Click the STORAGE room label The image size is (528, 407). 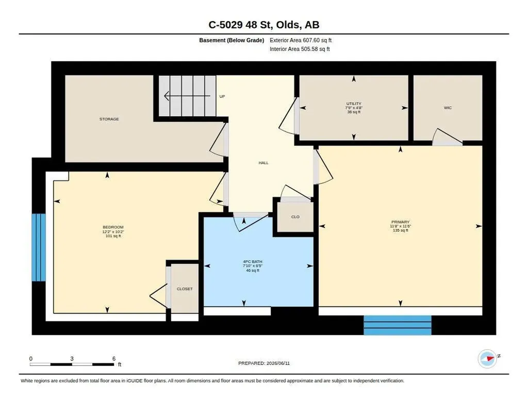pyautogui.click(x=109, y=119)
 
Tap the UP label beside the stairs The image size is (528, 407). pyautogui.click(x=222, y=96)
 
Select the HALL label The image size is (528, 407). pyautogui.click(x=263, y=163)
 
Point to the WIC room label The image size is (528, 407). pyautogui.click(x=448, y=108)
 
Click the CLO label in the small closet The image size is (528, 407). pyautogui.click(x=295, y=217)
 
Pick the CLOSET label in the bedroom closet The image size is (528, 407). pyautogui.click(x=185, y=289)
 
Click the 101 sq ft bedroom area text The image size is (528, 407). pyautogui.click(x=113, y=236)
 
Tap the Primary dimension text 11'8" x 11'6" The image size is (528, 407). pyautogui.click(x=400, y=226)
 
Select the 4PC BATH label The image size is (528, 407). pyautogui.click(x=253, y=262)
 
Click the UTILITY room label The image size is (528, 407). pyautogui.click(x=354, y=104)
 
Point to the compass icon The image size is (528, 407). pyautogui.click(x=488, y=359)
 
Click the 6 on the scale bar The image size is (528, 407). pyautogui.click(x=114, y=359)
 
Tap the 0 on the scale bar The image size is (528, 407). pyautogui.click(x=31, y=359)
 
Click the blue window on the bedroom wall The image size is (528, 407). pyautogui.click(x=39, y=248)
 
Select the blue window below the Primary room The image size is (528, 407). pyautogui.click(x=398, y=325)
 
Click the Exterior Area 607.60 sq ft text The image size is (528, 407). pyautogui.click(x=301, y=40)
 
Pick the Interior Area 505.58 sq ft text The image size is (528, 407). pyautogui.click(x=300, y=49)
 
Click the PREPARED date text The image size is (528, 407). pyautogui.click(x=264, y=363)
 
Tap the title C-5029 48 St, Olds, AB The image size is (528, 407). pyautogui.click(x=264, y=25)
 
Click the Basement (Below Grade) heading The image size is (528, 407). pyautogui.click(x=232, y=40)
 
